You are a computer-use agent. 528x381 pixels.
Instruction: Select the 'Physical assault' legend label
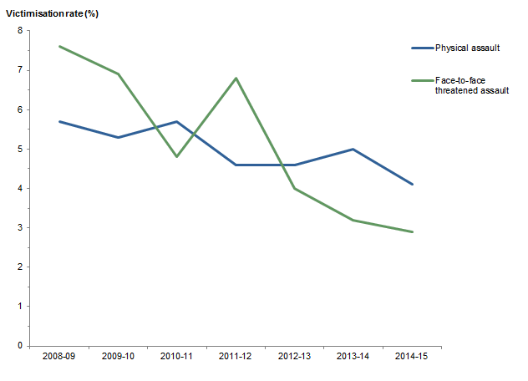pyautogui.click(x=467, y=48)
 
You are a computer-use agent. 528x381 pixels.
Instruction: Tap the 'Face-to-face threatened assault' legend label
pyautogui.click(x=472, y=84)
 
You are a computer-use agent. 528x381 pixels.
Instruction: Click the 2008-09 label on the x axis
pyautogui.click(x=58, y=357)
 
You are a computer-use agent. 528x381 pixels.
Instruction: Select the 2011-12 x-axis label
pyautogui.click(x=236, y=357)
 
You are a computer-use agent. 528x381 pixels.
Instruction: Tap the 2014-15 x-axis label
pyautogui.click(x=412, y=357)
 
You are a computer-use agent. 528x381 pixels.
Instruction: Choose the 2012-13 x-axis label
pyautogui.click(x=294, y=357)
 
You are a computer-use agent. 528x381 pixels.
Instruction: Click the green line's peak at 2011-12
pyautogui.click(x=236, y=79)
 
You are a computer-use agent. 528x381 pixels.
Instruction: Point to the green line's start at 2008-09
pyautogui.click(x=59, y=46)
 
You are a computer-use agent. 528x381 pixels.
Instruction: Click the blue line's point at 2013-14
pyautogui.click(x=353, y=149)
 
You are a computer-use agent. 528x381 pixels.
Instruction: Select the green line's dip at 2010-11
pyautogui.click(x=177, y=156)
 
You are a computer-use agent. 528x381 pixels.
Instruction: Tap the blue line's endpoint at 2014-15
pyautogui.click(x=412, y=185)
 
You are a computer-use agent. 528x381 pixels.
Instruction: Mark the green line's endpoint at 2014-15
pyautogui.click(x=412, y=231)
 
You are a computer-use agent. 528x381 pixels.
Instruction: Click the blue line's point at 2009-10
pyautogui.click(x=118, y=137)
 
